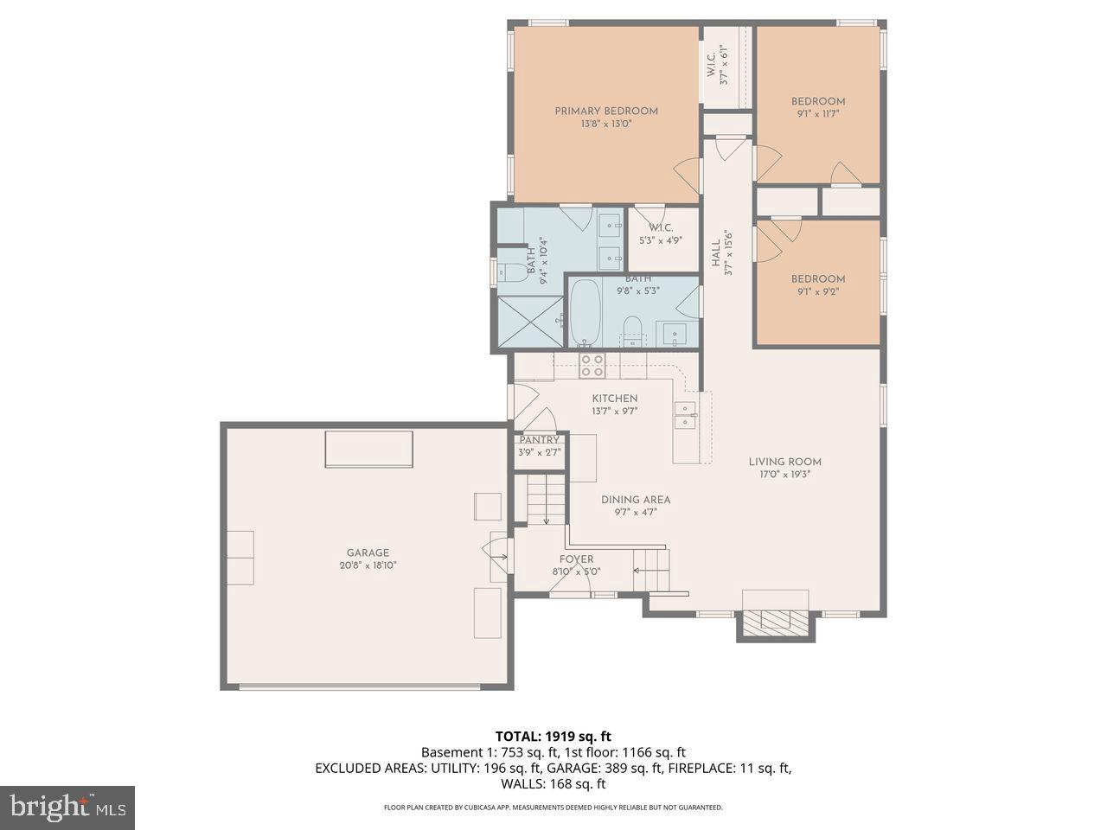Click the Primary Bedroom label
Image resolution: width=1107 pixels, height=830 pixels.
pos(605,111)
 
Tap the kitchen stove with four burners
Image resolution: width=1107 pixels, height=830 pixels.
pos(592,366)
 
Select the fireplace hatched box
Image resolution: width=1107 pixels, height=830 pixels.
pos(776,622)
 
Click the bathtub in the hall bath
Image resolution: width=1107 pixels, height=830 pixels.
pos(585,312)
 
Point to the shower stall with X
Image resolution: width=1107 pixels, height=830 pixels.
pos(528,321)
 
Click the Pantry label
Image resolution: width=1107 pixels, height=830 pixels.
pos(539,440)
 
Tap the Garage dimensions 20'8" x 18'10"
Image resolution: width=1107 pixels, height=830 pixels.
pos(368,565)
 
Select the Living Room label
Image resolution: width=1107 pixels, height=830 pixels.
pos(784,462)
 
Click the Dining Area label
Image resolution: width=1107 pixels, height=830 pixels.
pos(636,500)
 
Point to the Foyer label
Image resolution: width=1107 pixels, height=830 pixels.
pos(576,559)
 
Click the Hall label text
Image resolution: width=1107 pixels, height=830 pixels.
pos(716,253)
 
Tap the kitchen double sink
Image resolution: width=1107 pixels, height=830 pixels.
pos(685,415)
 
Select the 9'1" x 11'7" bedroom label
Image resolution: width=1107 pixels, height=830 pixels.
pos(817,101)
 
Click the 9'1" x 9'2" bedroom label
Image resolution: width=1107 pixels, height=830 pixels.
pos(817,279)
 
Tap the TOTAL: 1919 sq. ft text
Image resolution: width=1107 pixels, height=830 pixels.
pos(553,737)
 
